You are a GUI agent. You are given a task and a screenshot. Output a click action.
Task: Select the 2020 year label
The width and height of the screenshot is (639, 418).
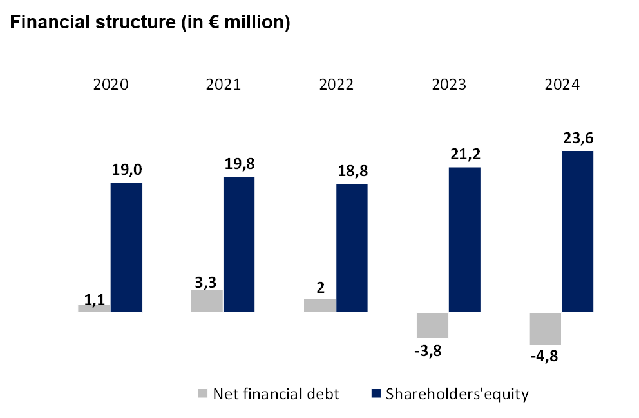111,85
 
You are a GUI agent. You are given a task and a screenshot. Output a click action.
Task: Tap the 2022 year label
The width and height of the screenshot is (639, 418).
336,85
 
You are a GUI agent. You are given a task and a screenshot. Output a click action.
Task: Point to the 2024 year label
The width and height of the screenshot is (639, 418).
561,85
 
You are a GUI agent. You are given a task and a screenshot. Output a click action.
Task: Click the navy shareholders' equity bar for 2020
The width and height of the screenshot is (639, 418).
126,248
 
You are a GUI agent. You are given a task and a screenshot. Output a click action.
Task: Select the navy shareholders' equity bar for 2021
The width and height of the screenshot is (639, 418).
239,244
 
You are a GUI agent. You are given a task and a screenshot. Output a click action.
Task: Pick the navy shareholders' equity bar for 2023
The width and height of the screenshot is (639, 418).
464,240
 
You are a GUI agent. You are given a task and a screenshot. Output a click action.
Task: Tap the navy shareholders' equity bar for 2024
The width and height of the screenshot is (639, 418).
577,232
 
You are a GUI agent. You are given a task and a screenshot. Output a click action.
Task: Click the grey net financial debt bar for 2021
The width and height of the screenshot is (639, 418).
207,301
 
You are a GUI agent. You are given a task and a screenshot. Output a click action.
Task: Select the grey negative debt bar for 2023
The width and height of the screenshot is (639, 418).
432,325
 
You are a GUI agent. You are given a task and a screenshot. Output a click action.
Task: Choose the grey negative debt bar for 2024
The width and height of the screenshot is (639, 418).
545,328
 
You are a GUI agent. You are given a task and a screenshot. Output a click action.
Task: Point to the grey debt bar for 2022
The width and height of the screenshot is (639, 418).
319,306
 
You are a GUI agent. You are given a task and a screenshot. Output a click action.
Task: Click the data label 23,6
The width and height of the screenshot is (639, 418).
577,140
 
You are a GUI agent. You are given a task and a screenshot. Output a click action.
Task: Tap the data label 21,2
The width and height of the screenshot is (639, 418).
464,155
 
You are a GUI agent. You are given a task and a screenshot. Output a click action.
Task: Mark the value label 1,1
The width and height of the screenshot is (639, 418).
94,299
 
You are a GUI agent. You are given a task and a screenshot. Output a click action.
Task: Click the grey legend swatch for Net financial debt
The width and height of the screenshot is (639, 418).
203,393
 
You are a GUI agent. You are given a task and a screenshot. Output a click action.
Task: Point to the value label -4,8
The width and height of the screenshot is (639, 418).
545,356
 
